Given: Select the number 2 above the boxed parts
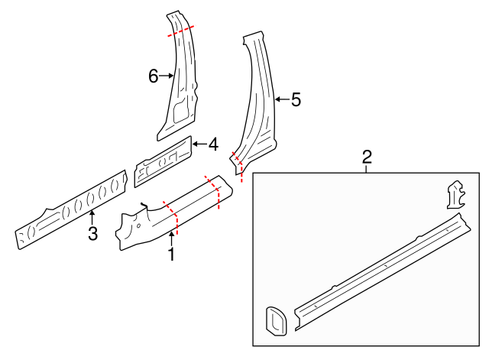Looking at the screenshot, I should click(x=367, y=157).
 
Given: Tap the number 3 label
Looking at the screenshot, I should click(x=92, y=234).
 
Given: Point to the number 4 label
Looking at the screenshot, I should click(x=213, y=144).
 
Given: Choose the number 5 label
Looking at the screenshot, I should click(x=296, y=99).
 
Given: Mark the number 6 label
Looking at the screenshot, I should click(x=153, y=76).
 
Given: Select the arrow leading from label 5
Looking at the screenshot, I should click(x=280, y=99).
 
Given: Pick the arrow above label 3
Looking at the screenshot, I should click(x=92, y=219).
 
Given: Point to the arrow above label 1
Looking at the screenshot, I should click(x=171, y=239).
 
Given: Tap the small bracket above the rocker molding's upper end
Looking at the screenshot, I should click(x=455, y=194).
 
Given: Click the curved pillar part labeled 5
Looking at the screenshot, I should click(x=256, y=107).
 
